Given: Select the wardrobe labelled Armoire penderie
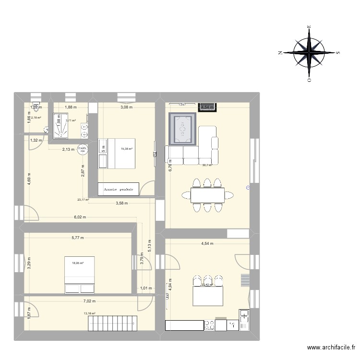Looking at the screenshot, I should coord(119,189).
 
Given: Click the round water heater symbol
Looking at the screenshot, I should coord(83,149).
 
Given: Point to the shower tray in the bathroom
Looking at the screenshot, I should coord(60,125).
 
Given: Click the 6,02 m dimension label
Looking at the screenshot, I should coord(80,217).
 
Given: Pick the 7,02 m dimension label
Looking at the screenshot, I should coord(90,301).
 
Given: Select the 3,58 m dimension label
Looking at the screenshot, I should coord(122,204).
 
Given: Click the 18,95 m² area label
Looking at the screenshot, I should coord(78,263).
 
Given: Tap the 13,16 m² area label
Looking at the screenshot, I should coord(89,314).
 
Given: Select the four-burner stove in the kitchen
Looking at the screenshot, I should coord(209,325).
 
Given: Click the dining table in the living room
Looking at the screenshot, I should coord(207,195).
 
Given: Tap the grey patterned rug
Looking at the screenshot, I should coord(182,128).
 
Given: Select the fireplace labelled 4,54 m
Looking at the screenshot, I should coord(208,107).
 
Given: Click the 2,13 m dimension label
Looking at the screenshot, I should coord(68,149).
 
